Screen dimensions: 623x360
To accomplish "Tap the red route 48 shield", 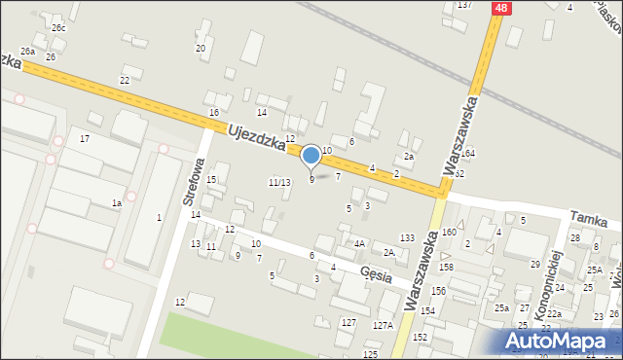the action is coord(500,8).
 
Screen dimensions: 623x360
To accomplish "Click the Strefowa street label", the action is coord(191,182).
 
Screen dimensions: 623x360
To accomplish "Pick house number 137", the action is coord(464,5).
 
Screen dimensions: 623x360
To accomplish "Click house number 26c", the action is coord(59,28).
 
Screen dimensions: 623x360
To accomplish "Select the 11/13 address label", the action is coord(279,182).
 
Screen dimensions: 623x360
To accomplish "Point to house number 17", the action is coord(85,139).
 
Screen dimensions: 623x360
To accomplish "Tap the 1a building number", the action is coord(116,202).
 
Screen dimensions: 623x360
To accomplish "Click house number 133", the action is coord(407,238).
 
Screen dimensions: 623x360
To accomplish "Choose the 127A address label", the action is coord(382,326).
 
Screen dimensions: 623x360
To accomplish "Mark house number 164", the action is coord(468,154).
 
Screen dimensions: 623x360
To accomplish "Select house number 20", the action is coord(201,48).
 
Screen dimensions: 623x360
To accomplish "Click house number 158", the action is coord(446,267).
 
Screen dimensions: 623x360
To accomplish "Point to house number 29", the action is coord(534,265).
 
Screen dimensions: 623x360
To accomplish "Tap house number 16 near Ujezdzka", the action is coord(213,113).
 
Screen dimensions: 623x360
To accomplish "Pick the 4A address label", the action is coord(359,244).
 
